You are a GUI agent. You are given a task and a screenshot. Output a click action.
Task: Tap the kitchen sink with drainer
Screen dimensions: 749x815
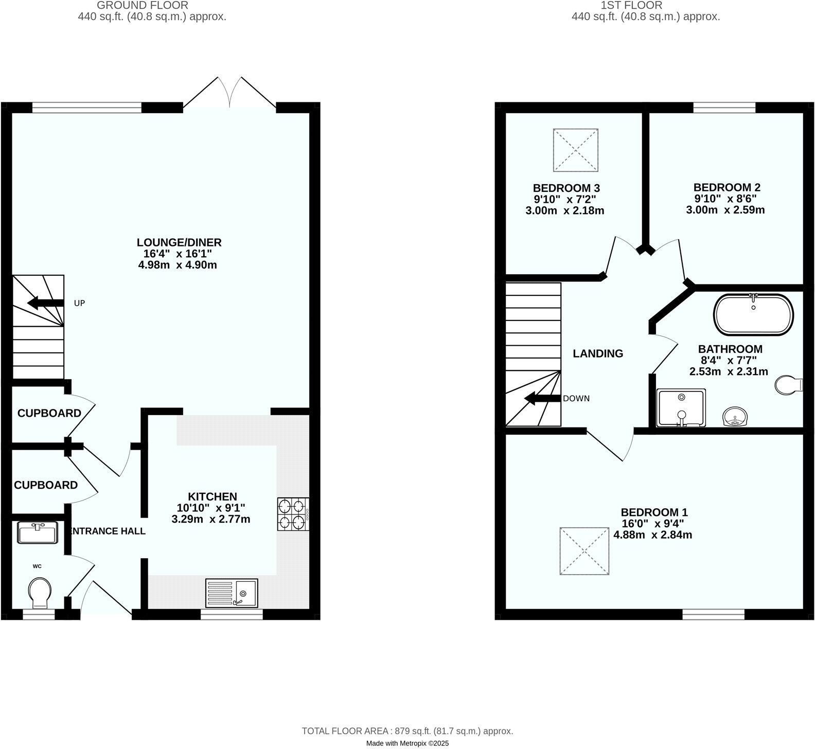232,593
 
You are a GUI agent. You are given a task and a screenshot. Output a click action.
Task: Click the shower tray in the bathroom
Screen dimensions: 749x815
681,408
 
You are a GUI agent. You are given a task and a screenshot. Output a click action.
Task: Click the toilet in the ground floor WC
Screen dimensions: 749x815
40,592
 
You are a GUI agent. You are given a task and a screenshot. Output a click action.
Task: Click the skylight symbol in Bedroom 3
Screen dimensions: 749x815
576,150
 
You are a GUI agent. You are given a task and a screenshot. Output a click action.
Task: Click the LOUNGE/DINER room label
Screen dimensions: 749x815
179,242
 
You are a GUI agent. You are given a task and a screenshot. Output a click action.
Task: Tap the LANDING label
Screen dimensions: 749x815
598,354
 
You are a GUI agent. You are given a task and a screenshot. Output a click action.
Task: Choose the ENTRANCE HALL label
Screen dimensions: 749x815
107,531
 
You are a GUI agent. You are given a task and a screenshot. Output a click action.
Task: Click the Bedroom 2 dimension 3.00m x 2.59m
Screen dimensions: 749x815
725,210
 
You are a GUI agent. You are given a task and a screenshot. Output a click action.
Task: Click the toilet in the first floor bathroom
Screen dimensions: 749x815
787,385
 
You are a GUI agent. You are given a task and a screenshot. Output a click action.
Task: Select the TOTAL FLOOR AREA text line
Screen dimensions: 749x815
407,731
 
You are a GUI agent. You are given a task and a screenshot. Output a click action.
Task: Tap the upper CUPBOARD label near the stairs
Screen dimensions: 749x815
49,413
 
